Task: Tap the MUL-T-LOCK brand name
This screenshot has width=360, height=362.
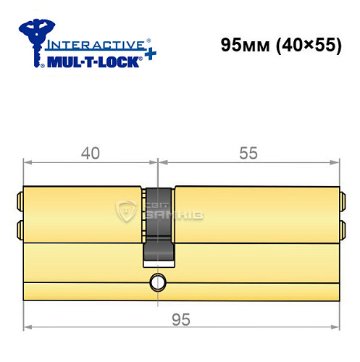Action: click(x=89, y=61)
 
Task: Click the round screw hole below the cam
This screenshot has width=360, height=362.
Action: click(x=158, y=281)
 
